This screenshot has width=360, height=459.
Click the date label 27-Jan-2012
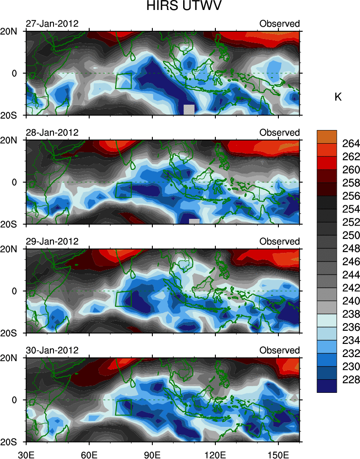pos(51,24)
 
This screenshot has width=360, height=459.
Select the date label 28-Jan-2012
pos(51,132)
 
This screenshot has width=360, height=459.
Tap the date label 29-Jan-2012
pos(51,241)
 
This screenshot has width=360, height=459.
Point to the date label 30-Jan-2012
pos(51,350)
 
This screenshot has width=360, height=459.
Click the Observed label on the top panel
pos(279,24)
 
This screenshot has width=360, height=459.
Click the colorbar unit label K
pos(338,97)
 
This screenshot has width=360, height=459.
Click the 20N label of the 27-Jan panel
pos(11,31)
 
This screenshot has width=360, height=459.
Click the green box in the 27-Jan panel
pos(124,81)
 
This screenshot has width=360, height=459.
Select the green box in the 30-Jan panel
pos(124,407)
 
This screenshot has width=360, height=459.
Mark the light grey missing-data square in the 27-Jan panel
pos(189,109)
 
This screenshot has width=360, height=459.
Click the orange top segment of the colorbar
pos(326,136)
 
